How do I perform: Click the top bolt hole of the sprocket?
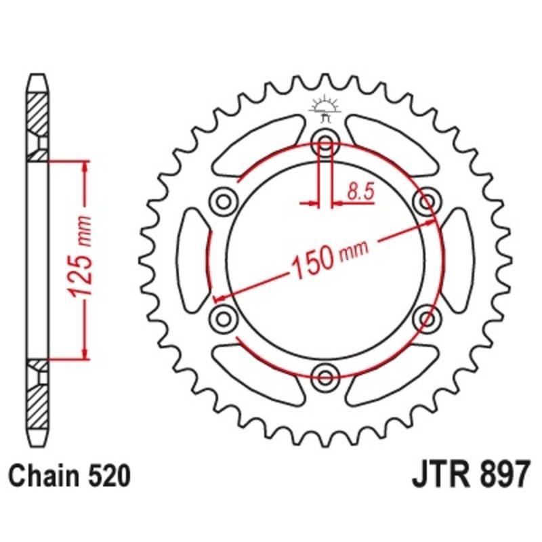click(325, 144)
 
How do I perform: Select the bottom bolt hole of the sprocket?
click(325, 375)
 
